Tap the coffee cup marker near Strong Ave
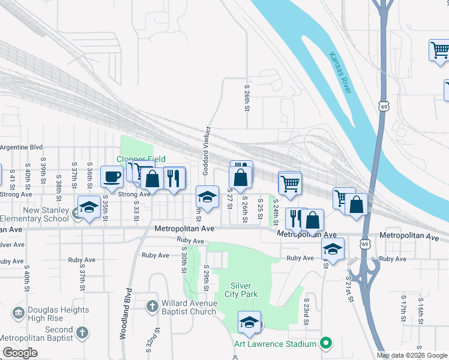click(x=112, y=177)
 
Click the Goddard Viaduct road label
click(x=205, y=151)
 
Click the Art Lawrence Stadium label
click(x=276, y=344)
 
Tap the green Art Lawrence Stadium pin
click(x=326, y=343)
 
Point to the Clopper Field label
click(x=140, y=159)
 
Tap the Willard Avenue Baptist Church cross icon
click(x=153, y=307)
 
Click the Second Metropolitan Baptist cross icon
click(x=82, y=332)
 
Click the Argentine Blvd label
click(x=22, y=147)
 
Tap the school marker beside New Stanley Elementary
click(x=89, y=208)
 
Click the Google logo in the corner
click(x=20, y=353)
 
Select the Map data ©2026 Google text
click(x=412, y=355)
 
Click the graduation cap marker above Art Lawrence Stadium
click(x=250, y=323)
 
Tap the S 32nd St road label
click(x=155, y=340)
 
